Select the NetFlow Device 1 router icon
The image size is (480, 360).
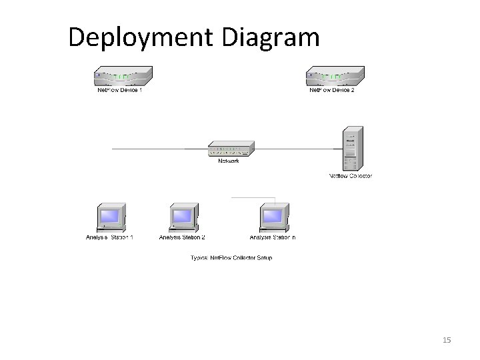pos(123,77)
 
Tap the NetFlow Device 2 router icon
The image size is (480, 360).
pos(335,77)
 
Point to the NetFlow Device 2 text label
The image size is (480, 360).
pos(331,90)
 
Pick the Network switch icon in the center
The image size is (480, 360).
pos(229,149)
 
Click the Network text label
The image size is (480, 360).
pos(229,161)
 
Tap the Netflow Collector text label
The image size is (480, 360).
pos(350,176)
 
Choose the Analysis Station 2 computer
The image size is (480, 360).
pos(182,217)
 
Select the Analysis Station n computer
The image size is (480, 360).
pos(273,217)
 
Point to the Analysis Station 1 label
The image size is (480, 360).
pos(109,237)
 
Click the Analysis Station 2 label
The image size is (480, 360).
pos(182,237)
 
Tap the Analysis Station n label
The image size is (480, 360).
pos(273,237)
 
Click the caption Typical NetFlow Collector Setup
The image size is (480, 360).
pos(231,257)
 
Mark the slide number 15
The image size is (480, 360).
pos(447,341)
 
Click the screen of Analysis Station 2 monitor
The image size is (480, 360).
pos(181,215)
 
